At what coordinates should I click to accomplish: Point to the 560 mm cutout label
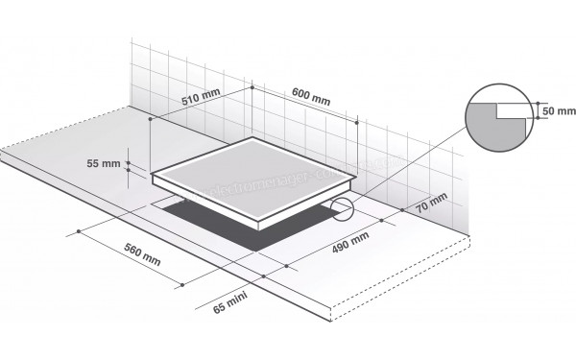(142, 254)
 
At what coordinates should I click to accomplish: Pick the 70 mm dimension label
(433, 204)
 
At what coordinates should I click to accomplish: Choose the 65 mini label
(231, 307)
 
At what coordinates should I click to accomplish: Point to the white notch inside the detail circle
(515, 111)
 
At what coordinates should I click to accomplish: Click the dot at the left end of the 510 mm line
(151, 119)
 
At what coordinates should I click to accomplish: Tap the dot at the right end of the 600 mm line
(357, 122)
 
